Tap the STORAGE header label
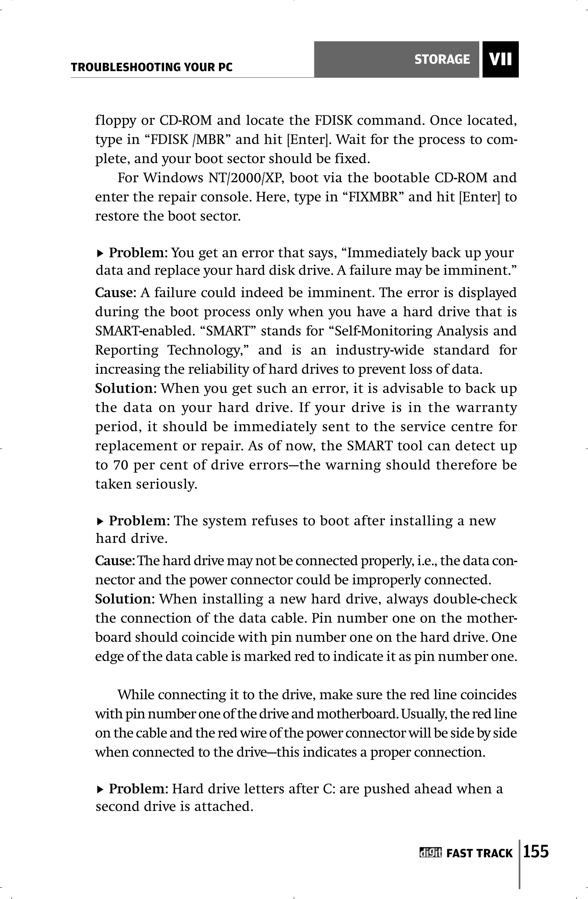coord(442,59)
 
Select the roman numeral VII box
coord(500,59)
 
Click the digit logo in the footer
coord(430,853)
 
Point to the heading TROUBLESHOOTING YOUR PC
coord(152,67)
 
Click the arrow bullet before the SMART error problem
coord(100,253)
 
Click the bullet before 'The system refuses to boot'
coord(100,521)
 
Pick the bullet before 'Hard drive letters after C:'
coord(100,789)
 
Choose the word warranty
coord(486,408)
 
